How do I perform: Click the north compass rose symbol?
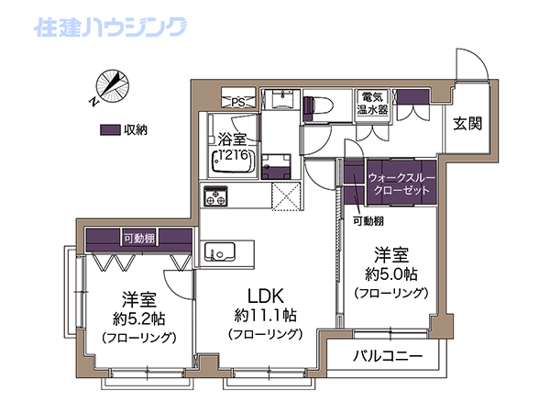point(113,86)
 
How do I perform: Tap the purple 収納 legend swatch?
point(111,130)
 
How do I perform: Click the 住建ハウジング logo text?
point(111,27)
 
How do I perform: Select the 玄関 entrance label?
point(467,124)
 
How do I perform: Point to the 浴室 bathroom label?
point(232,140)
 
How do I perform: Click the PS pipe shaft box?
point(238,97)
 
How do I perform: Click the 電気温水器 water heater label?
point(372,103)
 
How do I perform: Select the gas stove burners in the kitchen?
point(215,195)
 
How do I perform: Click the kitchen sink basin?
point(220,251)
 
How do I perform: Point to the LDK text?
point(266,296)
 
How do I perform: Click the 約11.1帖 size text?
point(266,316)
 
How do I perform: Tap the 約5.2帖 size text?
point(139,318)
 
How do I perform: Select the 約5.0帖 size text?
point(391,273)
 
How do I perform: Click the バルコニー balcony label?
point(388,356)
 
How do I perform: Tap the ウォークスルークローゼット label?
point(401,184)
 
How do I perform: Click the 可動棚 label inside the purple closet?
point(139,239)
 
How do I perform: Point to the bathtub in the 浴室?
point(233,161)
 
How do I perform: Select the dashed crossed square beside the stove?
point(286,196)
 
